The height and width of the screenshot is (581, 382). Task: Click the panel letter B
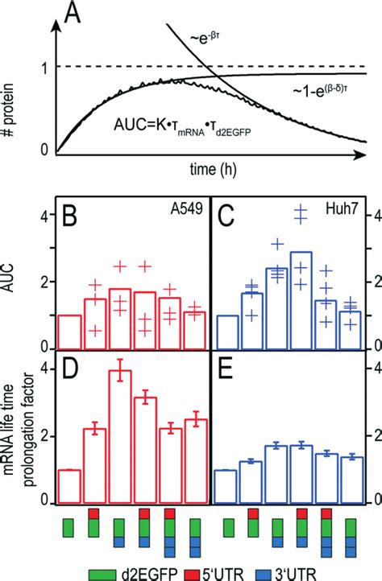(x=73, y=217)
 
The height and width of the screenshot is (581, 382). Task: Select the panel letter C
(x=229, y=217)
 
